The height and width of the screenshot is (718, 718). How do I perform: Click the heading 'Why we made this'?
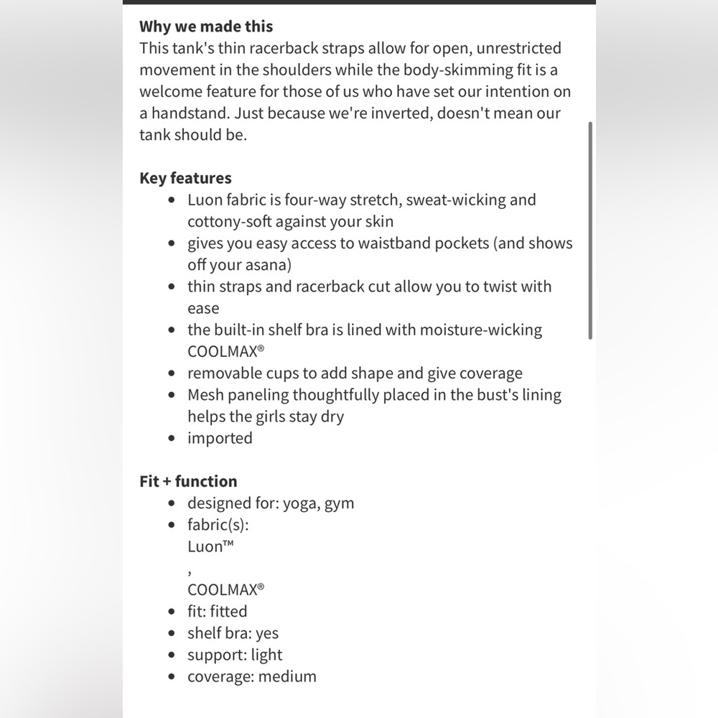coord(206,27)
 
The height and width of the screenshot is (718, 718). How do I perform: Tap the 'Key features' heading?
coord(185,178)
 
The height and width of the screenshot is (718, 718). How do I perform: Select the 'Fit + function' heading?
coord(188,481)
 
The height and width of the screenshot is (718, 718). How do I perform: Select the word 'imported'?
coord(220,438)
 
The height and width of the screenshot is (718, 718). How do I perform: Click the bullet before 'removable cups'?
coord(171,374)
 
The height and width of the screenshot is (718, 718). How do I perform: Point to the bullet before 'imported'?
coord(171,439)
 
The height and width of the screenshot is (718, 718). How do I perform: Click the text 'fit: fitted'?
coord(217,612)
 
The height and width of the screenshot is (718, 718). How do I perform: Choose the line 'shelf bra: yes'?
coord(233,633)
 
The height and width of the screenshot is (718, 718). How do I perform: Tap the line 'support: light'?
coord(235,655)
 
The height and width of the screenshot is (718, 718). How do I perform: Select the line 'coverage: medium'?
coord(251,676)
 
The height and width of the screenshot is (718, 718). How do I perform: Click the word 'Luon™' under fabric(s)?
coord(211,546)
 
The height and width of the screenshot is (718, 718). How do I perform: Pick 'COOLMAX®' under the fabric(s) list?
coord(226,589)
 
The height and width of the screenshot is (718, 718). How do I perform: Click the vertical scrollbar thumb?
coord(590,230)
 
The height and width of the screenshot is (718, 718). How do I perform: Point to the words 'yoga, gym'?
coord(318,503)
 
